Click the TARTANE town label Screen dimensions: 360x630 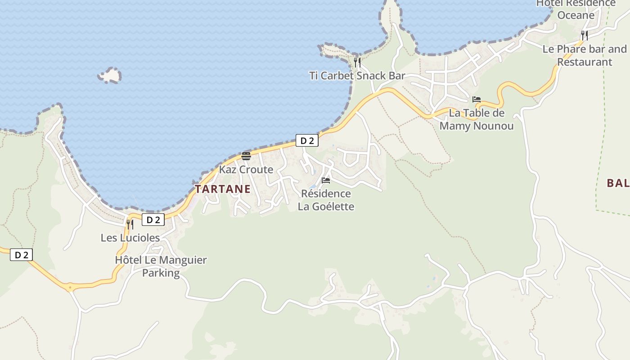(x=223, y=189)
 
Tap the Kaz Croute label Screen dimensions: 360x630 (x=246, y=170)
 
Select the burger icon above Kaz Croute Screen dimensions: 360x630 (x=246, y=156)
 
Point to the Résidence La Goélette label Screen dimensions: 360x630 (x=326, y=200)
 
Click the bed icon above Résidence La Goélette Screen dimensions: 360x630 (x=326, y=180)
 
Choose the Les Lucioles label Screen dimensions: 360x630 (x=130, y=238)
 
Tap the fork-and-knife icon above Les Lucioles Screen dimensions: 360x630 (x=130, y=224)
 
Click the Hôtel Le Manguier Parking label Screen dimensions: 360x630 (x=161, y=266)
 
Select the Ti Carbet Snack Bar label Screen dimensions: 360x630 (x=357, y=76)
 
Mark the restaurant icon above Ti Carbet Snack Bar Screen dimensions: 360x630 (x=357, y=62)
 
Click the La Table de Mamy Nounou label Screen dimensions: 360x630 (x=477, y=119)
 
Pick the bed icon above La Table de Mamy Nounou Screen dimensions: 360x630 (x=477, y=99)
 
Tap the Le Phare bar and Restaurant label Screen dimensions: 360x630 (x=585, y=55)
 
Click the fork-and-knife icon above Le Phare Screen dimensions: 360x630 (x=585, y=35)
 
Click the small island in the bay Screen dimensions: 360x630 (x=110, y=76)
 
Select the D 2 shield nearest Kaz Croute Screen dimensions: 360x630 (x=307, y=141)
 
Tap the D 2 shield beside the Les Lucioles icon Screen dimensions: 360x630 (x=153, y=220)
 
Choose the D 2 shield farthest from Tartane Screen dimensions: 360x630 (x=21, y=255)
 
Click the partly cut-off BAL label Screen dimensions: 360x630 (x=618, y=183)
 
